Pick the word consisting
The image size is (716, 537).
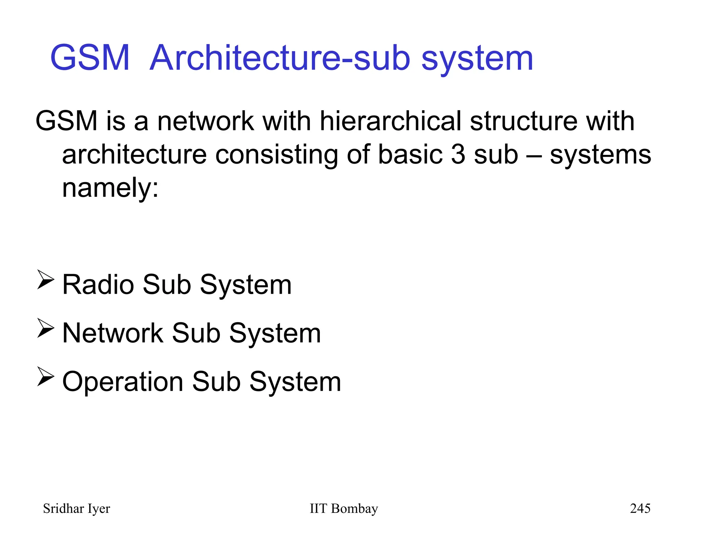(x=277, y=155)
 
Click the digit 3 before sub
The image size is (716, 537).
(x=458, y=155)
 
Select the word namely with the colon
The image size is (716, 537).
(x=110, y=188)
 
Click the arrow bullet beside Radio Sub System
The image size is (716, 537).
(x=45, y=280)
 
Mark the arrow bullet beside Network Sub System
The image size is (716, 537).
(x=45, y=328)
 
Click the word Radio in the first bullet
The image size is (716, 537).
(x=98, y=285)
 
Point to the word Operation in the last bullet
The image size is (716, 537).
(x=123, y=382)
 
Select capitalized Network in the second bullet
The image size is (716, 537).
(x=113, y=333)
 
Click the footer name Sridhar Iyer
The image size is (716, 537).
(x=76, y=509)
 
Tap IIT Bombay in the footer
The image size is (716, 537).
(x=344, y=509)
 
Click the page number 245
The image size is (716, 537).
(x=640, y=508)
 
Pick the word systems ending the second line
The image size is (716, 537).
(x=600, y=155)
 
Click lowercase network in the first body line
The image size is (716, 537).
(x=206, y=121)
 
